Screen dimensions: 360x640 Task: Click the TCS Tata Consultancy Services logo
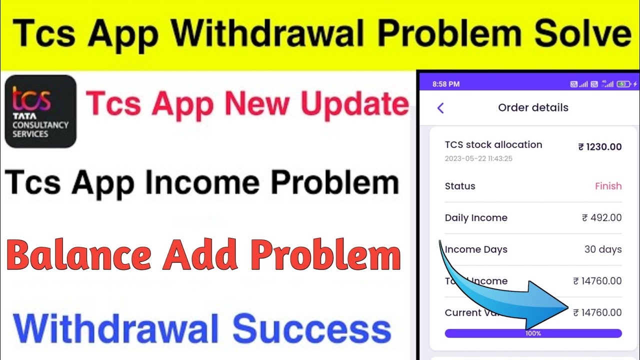point(40,111)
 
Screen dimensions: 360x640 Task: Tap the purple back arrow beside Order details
point(440,108)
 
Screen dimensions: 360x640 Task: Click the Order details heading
point(533,107)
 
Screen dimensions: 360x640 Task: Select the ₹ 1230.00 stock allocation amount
point(600,147)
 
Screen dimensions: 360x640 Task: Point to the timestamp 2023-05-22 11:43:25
point(478,158)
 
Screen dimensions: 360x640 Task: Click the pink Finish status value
point(608,186)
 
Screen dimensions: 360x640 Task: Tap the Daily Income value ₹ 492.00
point(602,217)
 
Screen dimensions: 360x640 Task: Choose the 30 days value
point(603,249)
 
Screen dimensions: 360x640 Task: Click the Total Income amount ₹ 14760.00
point(597,281)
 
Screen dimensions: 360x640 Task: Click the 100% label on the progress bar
point(533,333)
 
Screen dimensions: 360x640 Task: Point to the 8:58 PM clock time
point(446,84)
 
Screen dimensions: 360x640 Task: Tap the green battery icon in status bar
point(623,84)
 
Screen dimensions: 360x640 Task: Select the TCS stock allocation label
point(493,144)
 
